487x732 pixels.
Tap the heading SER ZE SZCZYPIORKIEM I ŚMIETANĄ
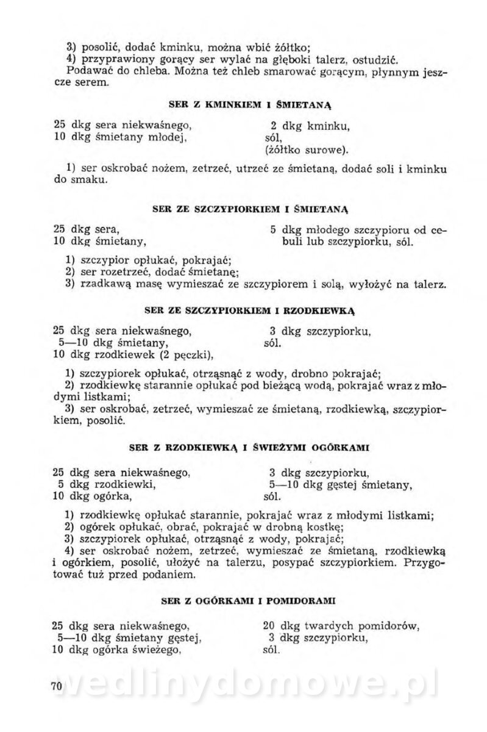pyautogui.click(x=250, y=209)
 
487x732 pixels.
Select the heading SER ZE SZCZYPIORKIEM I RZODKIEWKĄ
pyautogui.click(x=250, y=310)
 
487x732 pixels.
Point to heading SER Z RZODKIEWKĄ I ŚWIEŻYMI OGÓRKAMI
pyautogui.click(x=250, y=448)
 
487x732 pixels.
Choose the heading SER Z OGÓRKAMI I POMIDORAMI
pyautogui.click(x=250, y=601)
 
